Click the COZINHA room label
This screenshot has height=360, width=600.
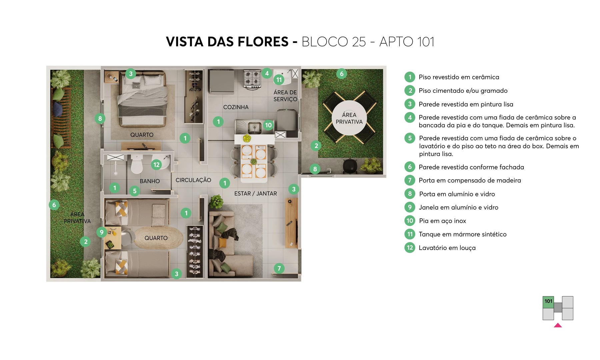click(236, 107)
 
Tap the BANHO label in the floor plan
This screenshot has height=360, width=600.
click(150, 181)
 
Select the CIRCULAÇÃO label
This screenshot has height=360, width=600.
click(193, 180)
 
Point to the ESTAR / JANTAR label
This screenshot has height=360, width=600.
click(255, 193)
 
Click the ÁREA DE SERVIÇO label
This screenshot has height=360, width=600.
click(285, 96)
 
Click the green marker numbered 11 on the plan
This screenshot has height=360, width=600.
click(279, 80)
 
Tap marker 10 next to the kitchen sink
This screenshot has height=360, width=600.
click(268, 125)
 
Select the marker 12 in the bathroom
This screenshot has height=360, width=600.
click(156, 164)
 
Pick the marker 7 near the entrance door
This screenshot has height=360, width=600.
click(279, 268)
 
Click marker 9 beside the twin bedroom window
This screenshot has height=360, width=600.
click(102, 232)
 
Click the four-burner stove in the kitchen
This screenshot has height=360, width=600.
click(252, 79)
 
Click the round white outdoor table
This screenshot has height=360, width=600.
click(349, 118)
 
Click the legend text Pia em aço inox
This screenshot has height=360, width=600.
click(442, 221)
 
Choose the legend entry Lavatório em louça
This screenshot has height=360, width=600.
click(447, 248)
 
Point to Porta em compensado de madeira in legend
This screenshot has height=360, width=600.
click(470, 180)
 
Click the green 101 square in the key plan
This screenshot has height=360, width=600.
click(548, 302)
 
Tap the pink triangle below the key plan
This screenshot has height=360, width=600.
click(558, 325)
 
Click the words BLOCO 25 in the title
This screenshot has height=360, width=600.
click(333, 42)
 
